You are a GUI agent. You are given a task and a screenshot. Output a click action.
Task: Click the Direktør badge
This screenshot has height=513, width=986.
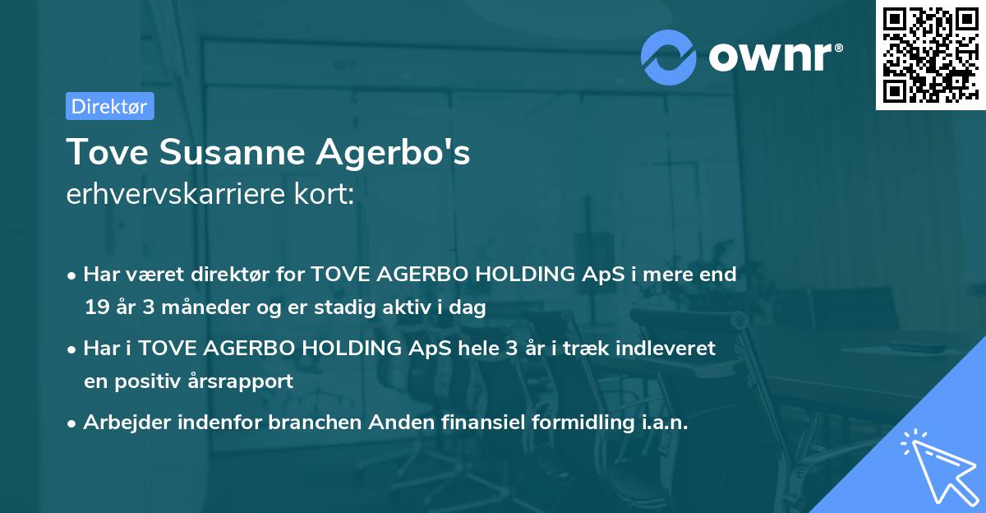[x=109, y=106]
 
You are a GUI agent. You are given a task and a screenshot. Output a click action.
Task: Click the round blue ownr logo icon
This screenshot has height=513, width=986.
[x=669, y=57]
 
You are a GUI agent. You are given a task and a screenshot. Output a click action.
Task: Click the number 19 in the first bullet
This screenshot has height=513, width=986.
[x=96, y=308]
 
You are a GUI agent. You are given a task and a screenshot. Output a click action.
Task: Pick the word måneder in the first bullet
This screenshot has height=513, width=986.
[x=186, y=308]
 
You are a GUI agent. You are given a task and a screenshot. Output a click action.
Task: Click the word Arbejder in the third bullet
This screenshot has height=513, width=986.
[x=123, y=422]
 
